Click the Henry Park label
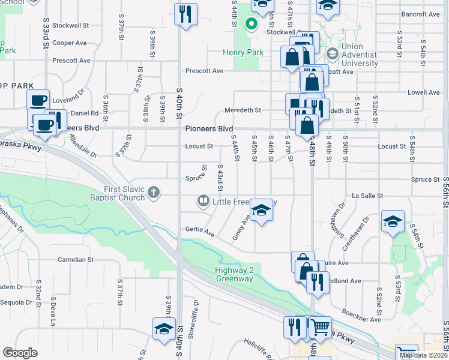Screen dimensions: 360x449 pos(246,53)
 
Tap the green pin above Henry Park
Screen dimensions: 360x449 pos(251,25)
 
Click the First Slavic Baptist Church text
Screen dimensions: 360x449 pos(124,193)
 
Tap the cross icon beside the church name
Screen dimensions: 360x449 pos(154,193)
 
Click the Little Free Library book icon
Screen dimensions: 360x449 pos(203,201)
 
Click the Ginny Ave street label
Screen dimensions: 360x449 pos(241,229)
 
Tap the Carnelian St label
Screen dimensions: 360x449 pos(76,260)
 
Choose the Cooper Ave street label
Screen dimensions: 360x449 pos(70,43)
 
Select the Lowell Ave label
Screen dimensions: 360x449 pos(424,92)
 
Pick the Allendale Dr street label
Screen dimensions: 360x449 pos(83,146)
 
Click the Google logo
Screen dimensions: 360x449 pos(20,353)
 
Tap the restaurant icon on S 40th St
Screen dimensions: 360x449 pos(186,14)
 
